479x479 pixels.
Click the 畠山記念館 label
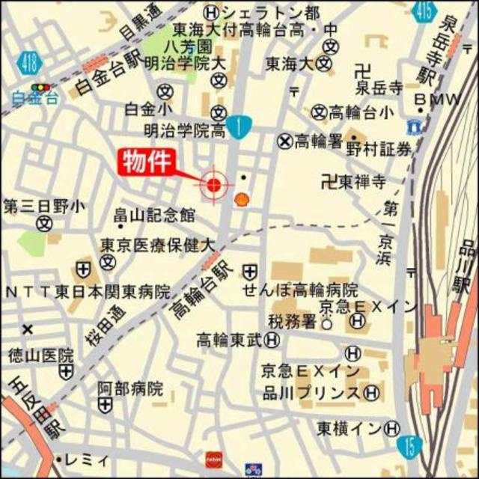(155, 215)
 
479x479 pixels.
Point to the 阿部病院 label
(130, 388)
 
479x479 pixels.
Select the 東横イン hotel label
(349, 429)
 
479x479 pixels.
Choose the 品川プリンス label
(311, 392)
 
